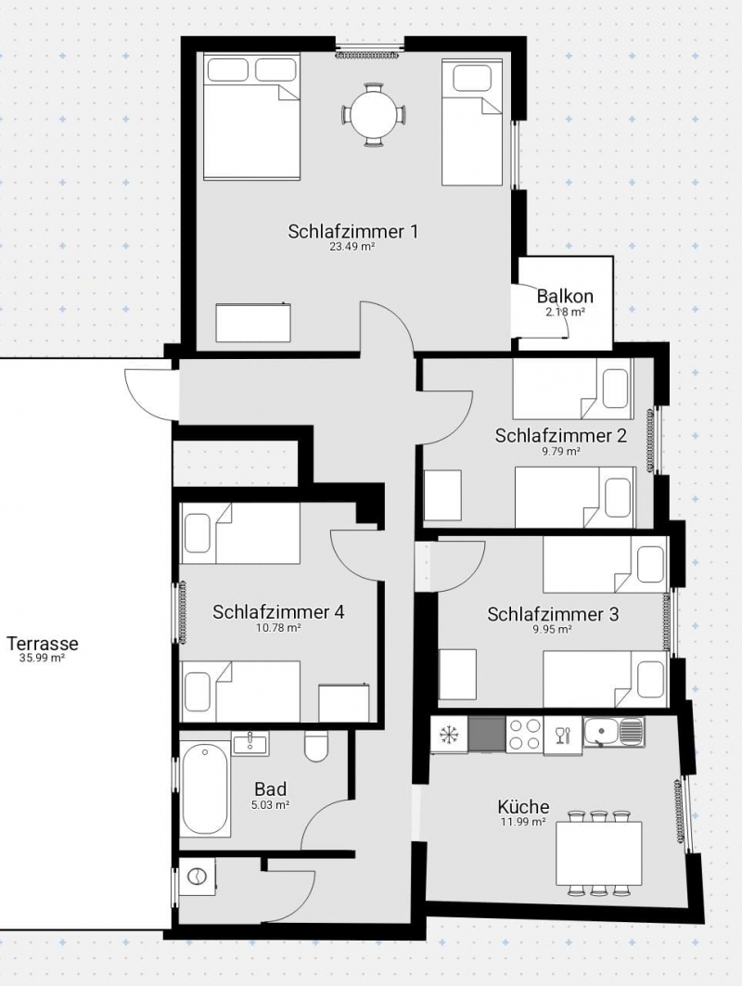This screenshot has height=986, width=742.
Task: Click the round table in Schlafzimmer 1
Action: pos(374,115)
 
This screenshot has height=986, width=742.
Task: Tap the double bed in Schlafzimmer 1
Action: pos(251,116)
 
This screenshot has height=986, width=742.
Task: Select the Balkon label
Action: pos(565,296)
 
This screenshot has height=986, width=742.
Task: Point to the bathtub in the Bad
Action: pos(204,788)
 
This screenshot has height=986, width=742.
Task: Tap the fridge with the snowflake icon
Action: pos(449,735)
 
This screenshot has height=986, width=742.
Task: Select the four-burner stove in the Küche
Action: pos(524,735)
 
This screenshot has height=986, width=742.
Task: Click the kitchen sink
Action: pos(613,732)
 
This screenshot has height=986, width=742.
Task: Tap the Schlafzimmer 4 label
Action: pos(278,612)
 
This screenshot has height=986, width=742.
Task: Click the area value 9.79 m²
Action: pos(560,451)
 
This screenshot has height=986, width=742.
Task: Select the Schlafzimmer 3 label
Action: pos(553,614)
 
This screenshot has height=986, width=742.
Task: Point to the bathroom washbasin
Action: pos(250,743)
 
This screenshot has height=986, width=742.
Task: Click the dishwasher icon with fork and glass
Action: pos(563,736)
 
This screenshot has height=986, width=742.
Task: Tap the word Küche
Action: pos(523,807)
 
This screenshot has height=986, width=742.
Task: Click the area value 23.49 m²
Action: pos(352,247)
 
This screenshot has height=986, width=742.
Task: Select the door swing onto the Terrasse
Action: pos(148,395)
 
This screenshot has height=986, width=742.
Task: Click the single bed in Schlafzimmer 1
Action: pos(471,122)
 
